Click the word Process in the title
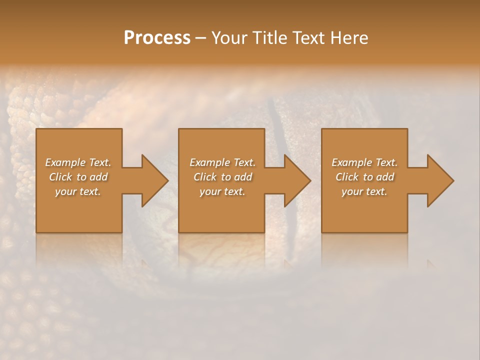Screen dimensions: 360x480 tap(157, 37)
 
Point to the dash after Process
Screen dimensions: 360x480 tap(200, 38)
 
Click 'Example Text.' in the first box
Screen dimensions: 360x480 tap(78, 162)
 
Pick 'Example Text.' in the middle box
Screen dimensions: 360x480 tap(222, 162)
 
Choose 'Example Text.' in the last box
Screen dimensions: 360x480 tap(364, 162)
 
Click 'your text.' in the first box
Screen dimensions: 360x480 tap(78, 191)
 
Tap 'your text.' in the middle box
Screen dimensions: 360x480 tap(222, 191)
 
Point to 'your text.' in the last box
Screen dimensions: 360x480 tap(364, 191)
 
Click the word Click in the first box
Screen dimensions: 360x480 tap(61, 177)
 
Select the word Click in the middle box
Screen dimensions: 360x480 tap(205, 177)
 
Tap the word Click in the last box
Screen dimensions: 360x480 tap(347, 177)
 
